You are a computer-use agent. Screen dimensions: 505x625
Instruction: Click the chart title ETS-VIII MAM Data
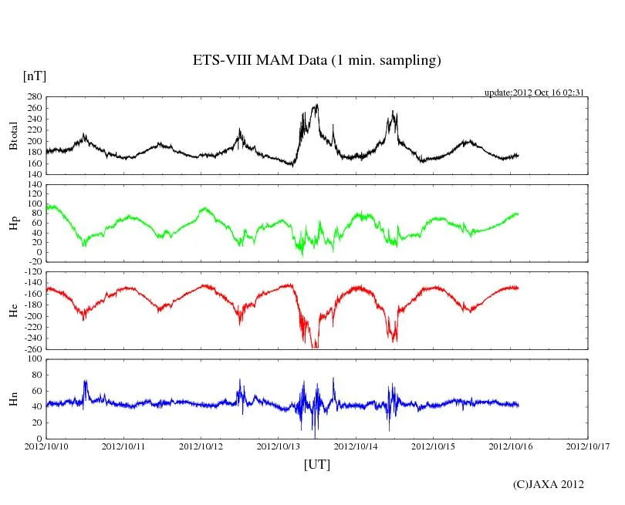point(316,61)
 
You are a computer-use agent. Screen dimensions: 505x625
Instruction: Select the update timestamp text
point(534,93)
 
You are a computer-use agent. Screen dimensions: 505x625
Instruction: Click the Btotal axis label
point(13,136)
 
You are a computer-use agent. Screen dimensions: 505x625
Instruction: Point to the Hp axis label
point(13,223)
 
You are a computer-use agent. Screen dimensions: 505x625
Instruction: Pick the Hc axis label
point(13,311)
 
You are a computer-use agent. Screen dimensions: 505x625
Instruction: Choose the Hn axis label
point(13,399)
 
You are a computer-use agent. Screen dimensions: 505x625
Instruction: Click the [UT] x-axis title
point(317,464)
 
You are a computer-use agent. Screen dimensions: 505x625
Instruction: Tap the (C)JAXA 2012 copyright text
point(549,484)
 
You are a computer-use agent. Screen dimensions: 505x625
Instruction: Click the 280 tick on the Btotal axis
point(33,97)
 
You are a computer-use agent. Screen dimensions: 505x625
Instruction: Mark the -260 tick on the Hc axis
point(31,349)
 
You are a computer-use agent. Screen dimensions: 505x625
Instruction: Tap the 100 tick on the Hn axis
point(33,359)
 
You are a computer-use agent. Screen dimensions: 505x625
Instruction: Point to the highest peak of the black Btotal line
point(316,105)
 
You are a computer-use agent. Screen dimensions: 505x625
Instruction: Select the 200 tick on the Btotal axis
point(33,141)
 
